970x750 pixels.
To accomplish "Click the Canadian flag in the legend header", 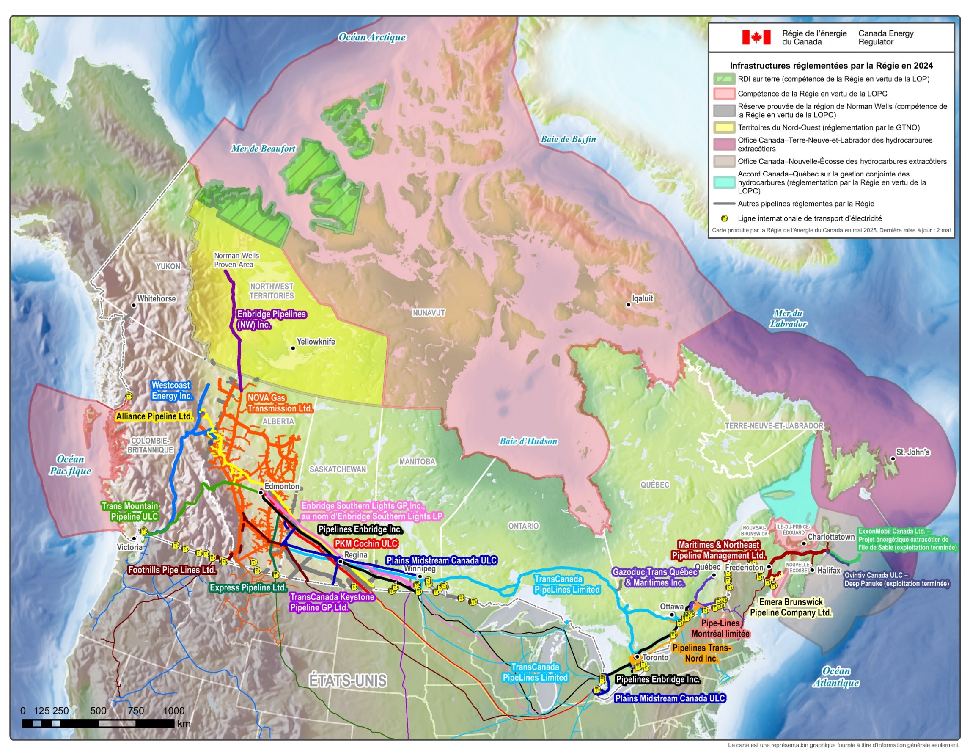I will [x=756, y=37].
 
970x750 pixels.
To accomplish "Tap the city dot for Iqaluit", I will [x=628, y=305].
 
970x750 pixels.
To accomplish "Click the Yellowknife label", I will [x=315, y=342].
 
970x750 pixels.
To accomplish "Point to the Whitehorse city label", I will [x=157, y=298].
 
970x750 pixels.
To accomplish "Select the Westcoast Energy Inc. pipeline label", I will [x=172, y=391].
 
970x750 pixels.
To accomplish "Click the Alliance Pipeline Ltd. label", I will [x=154, y=416].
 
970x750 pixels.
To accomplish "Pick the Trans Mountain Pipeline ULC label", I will [x=130, y=511].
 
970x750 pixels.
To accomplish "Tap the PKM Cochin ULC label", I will [x=366, y=543].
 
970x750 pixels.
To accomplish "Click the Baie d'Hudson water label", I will [x=528, y=441].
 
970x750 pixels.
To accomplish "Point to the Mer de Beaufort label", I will [x=263, y=149].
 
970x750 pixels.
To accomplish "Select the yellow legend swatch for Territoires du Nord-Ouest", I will [x=724, y=127].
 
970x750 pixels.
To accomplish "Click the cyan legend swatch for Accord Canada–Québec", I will [x=724, y=182].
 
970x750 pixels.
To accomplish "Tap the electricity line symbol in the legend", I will [x=724, y=218].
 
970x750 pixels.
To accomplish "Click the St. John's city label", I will [x=913, y=452].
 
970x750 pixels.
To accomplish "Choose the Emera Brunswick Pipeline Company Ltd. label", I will [x=791, y=607].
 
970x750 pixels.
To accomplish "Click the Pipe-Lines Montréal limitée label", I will [x=720, y=628].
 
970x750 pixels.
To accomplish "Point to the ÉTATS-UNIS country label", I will [x=348, y=681].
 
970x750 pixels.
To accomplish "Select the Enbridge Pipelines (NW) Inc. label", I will [x=271, y=320].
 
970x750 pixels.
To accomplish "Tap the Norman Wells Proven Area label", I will [x=236, y=260].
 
